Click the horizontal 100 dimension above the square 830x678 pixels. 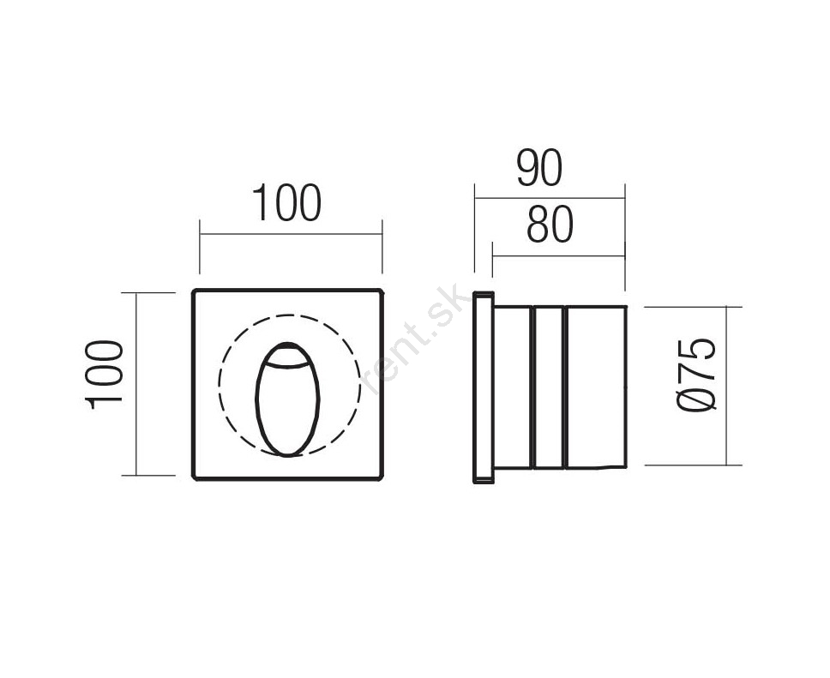(286, 202)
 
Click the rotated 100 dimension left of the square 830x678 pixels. (105, 375)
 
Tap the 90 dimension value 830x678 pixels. (538, 168)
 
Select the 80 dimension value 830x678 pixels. (550, 224)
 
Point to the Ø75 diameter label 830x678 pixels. (696, 375)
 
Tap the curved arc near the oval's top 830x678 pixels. (287, 365)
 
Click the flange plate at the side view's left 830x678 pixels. (483, 387)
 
